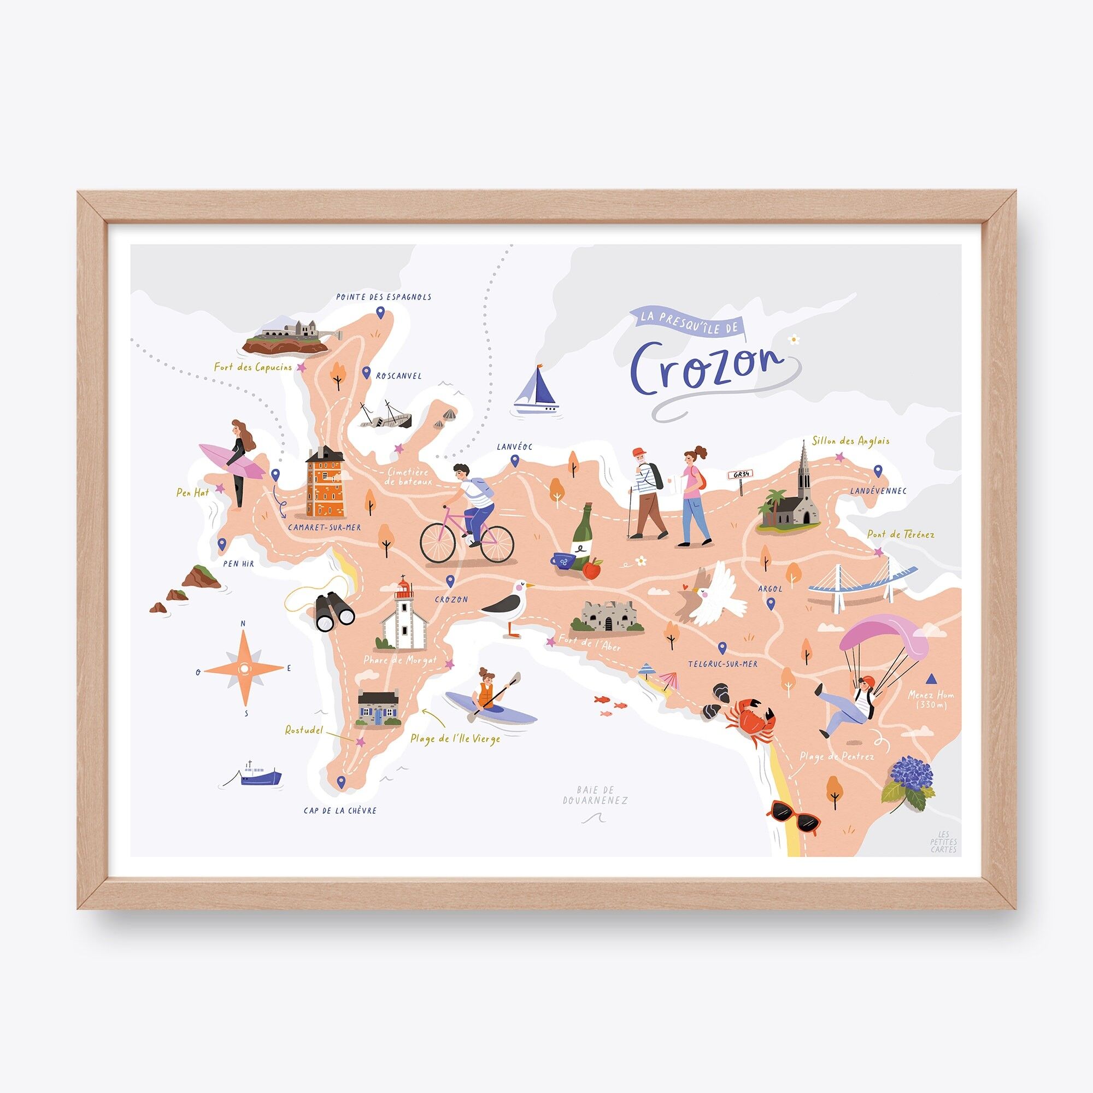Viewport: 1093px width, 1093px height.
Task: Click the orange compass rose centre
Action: [x=244, y=669]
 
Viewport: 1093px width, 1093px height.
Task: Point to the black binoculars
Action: [x=334, y=612]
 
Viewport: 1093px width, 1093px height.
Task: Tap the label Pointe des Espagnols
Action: [x=383, y=297]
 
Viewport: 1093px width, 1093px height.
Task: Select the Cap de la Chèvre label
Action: [x=339, y=810]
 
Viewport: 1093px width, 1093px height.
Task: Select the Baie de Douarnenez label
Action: [x=595, y=795]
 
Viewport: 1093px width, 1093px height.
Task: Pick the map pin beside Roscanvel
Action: [x=367, y=372]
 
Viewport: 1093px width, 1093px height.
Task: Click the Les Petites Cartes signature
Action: [x=947, y=841]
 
